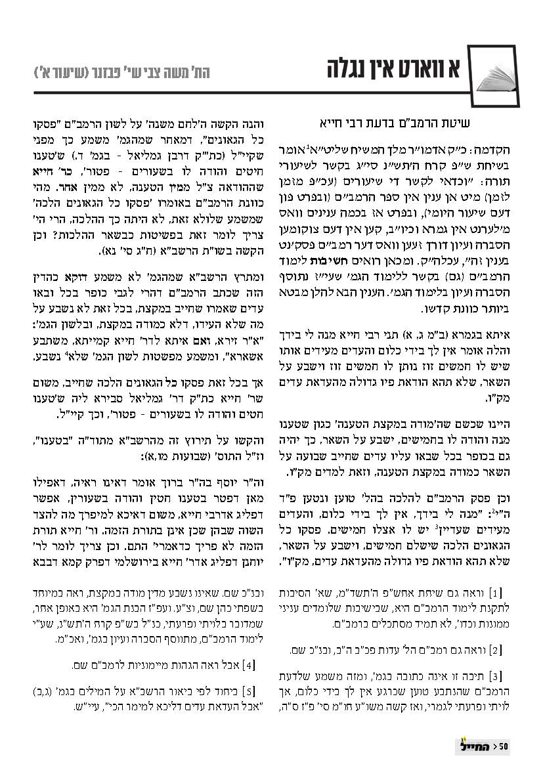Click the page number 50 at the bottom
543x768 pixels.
pos(504,745)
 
